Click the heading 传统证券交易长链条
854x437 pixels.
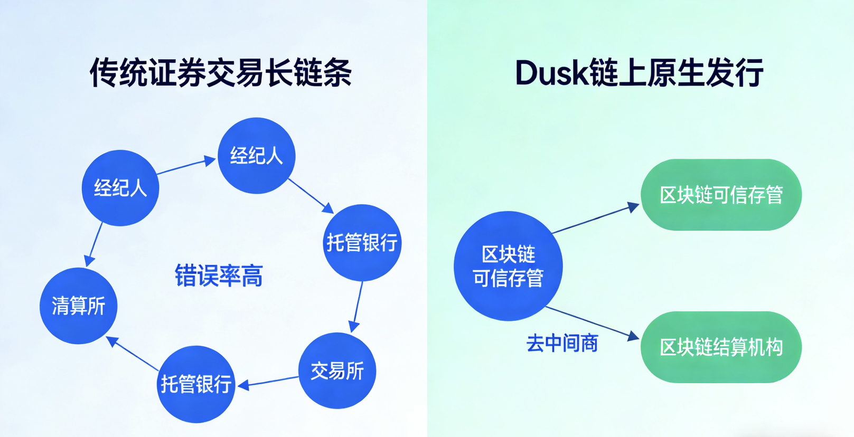click(x=221, y=72)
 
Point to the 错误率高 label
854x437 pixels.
click(x=219, y=275)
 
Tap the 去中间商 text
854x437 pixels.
click(x=562, y=344)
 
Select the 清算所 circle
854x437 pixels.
click(x=78, y=306)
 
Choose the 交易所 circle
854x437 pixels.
click(x=337, y=370)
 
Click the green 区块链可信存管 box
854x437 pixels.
click(x=721, y=195)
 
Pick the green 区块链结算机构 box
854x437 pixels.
click(x=721, y=347)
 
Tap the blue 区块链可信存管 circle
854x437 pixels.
click(x=508, y=266)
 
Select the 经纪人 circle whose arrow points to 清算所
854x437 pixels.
click(x=120, y=188)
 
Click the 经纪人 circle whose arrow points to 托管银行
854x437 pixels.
click(x=257, y=156)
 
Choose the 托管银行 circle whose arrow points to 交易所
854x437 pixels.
click(x=362, y=243)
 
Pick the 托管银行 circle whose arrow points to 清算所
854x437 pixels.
click(x=196, y=384)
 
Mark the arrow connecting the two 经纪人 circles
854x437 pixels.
click(x=186, y=165)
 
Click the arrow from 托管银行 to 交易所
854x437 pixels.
click(x=358, y=307)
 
